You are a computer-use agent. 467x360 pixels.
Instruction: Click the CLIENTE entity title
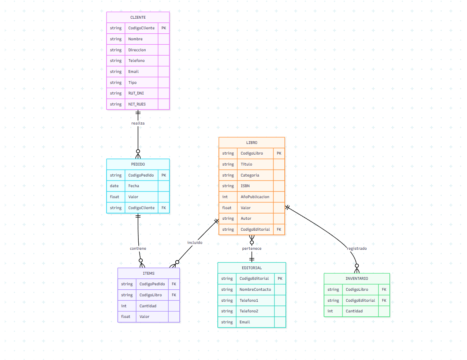138,18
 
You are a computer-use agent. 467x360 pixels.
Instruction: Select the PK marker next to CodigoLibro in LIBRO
279,153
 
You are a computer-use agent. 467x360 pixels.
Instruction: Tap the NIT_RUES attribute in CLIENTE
137,104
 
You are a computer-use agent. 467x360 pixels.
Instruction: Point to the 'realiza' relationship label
138,123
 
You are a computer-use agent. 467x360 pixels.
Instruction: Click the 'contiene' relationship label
138,249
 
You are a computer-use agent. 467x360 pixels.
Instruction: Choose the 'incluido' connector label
195,243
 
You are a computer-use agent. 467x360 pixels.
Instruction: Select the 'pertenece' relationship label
252,249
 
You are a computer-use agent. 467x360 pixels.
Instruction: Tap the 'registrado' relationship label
357,249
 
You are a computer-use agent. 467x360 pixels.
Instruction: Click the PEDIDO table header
138,164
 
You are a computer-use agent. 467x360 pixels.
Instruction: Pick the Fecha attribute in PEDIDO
134,186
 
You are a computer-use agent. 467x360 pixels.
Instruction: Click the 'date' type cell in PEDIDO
114,186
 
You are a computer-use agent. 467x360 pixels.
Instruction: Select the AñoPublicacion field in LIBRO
255,197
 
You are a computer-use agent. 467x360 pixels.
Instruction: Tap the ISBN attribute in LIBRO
245,186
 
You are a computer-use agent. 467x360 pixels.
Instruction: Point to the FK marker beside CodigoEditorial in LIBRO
279,230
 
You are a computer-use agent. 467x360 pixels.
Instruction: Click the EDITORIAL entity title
252,268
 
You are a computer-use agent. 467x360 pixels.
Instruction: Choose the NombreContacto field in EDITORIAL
255,290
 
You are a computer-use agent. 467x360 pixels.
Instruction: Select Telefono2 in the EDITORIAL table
249,311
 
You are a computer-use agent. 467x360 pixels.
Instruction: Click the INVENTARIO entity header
357,279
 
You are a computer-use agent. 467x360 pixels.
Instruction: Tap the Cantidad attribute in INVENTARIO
354,311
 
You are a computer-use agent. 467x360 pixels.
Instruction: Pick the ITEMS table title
149,274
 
